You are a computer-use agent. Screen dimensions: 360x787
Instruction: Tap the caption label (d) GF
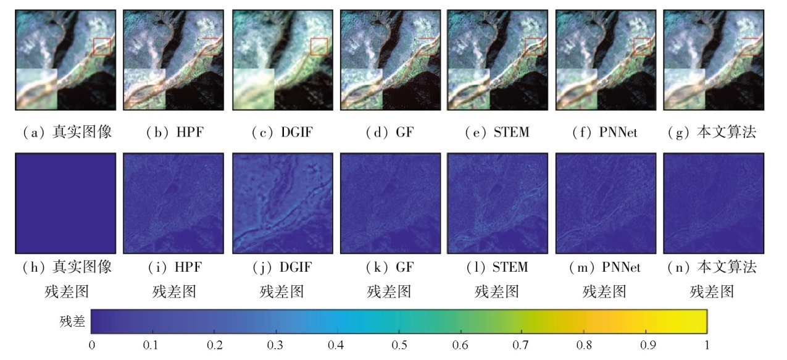point(389,132)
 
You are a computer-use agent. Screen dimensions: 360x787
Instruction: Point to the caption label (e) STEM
point(497,132)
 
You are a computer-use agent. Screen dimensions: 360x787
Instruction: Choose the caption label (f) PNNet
point(605,132)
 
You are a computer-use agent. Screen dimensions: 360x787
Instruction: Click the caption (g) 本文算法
point(712,132)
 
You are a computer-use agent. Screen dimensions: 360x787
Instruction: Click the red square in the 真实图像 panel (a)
point(102,46)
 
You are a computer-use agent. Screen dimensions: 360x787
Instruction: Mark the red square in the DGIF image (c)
point(319,46)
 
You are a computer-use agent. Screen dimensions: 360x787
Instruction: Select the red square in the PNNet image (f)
point(643,46)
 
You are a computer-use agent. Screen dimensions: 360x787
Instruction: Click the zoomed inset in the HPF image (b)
point(144,89)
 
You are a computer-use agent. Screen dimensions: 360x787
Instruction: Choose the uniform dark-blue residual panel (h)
point(65,203)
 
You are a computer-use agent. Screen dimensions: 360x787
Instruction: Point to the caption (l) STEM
point(497,267)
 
